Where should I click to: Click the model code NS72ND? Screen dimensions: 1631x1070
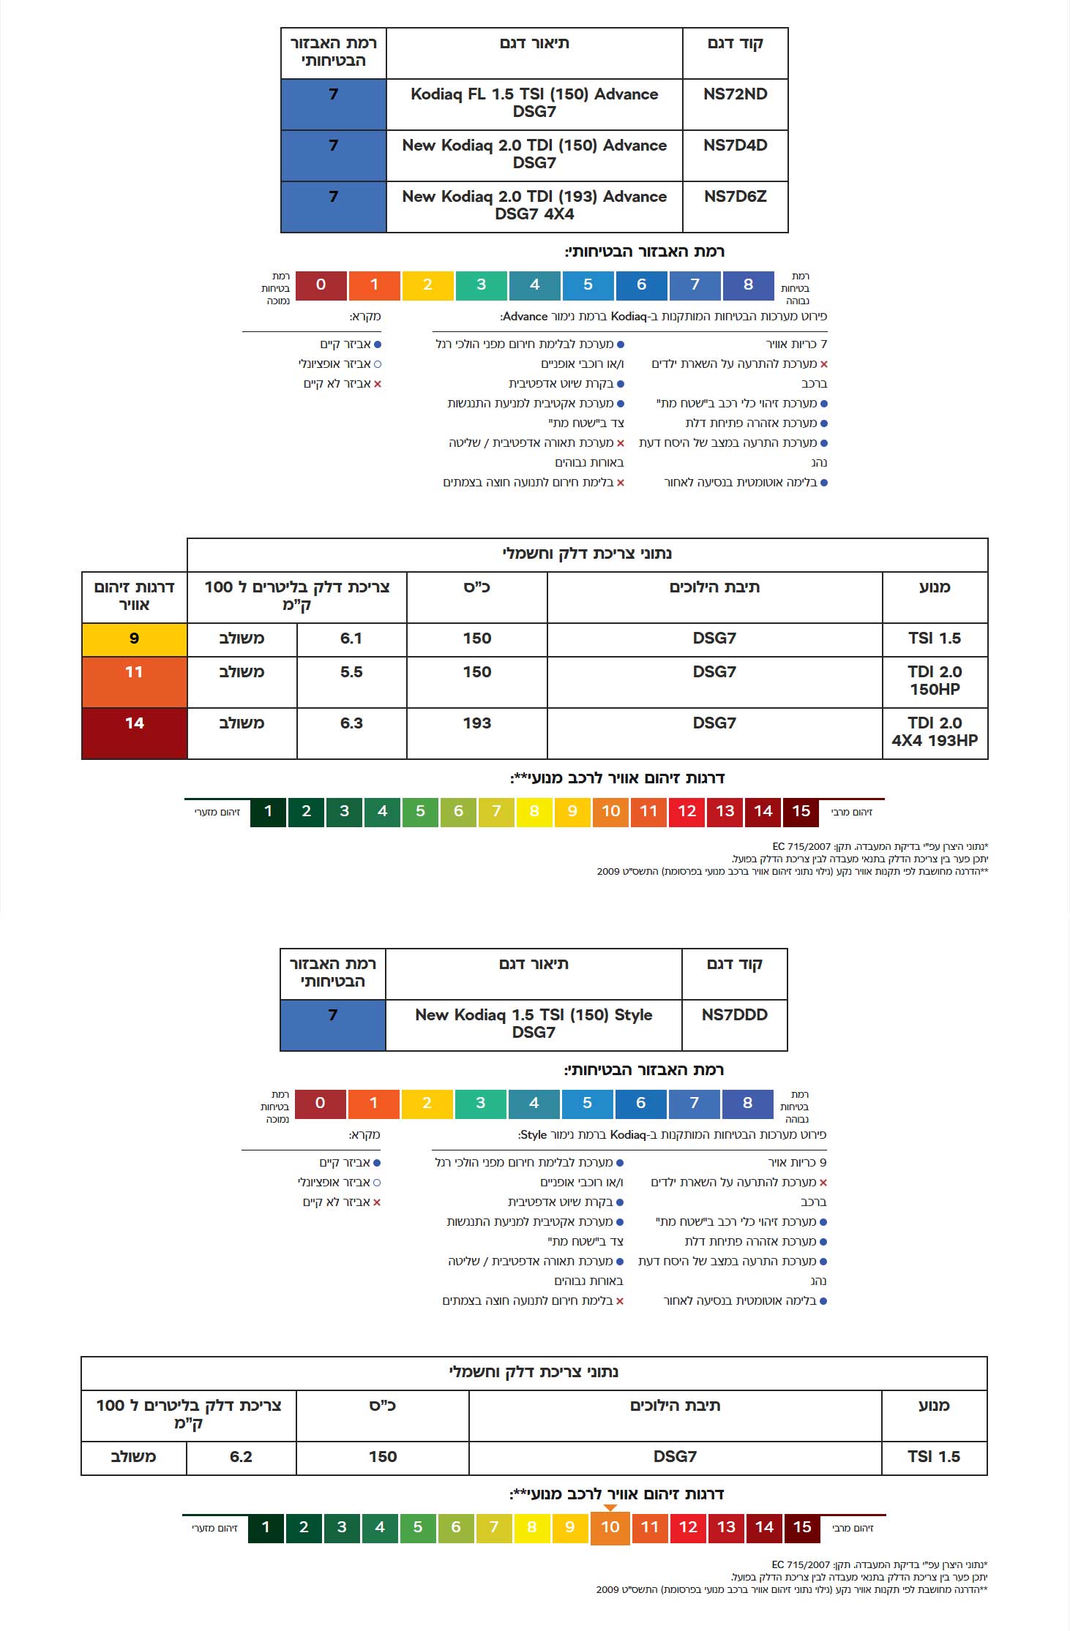pos(735,94)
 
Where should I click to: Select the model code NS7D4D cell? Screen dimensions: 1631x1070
pos(735,146)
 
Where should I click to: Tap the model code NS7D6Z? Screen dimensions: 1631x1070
pos(735,197)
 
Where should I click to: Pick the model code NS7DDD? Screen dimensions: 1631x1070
pos(734,1015)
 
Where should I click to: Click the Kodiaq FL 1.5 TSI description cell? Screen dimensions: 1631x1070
pos(534,103)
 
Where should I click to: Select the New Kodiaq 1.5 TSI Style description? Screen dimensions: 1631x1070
pos(534,1024)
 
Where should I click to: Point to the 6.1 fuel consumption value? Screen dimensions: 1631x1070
pos(351,639)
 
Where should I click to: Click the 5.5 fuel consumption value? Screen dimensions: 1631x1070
pos(351,672)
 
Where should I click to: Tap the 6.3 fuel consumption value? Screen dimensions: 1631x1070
pos(351,723)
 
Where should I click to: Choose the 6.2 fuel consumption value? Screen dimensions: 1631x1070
pos(241,1457)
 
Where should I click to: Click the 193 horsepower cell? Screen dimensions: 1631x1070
pos(476,723)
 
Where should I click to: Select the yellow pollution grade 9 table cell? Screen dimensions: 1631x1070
pos(134,639)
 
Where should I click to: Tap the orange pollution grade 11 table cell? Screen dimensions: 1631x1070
pos(134,681)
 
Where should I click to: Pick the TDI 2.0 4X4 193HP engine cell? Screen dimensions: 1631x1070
pos(935,732)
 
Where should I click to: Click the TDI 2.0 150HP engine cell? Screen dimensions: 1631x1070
pos(935,681)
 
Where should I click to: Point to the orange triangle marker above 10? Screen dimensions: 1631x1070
pos(610,1508)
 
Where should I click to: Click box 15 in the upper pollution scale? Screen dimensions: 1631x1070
pos(801,811)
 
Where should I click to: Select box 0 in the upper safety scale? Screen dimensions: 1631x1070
pos(321,285)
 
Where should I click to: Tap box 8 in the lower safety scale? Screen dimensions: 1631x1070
pos(747,1103)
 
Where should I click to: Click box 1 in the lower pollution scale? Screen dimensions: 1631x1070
pos(266,1527)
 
